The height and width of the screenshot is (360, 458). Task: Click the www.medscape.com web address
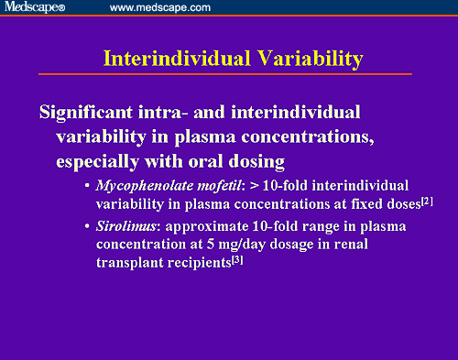coord(159,7)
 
